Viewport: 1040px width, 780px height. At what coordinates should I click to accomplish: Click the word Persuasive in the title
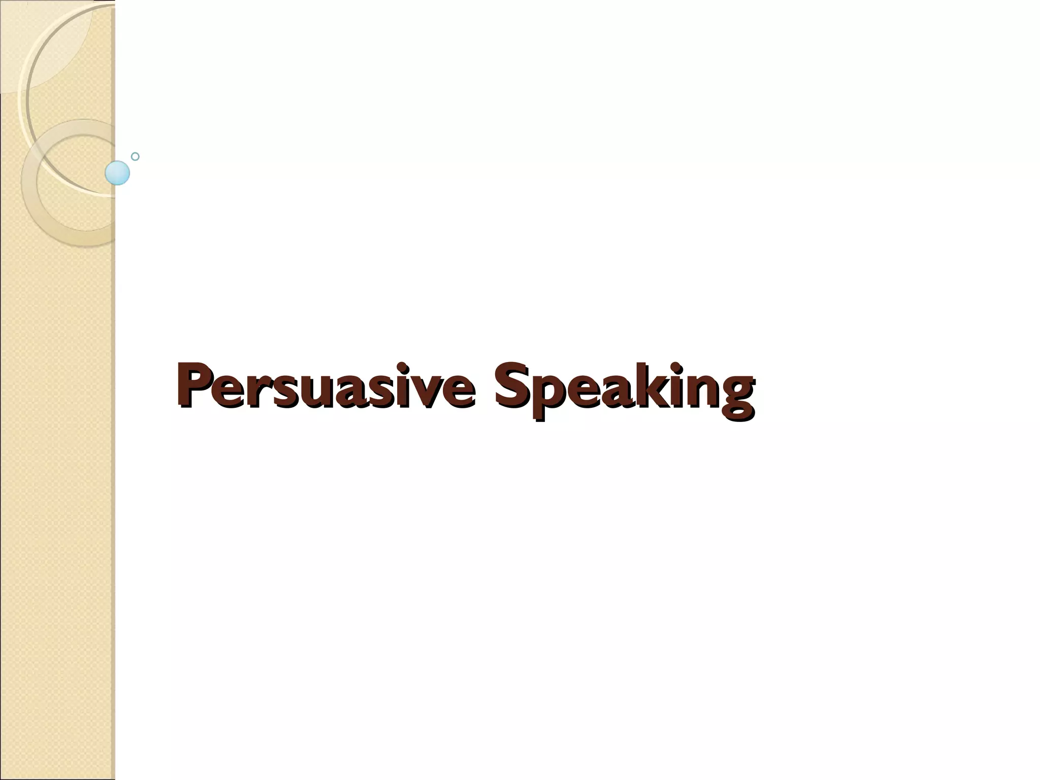(326, 386)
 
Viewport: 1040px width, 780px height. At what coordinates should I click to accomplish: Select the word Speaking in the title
(625, 388)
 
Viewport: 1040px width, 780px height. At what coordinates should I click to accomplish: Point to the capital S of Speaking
(512, 384)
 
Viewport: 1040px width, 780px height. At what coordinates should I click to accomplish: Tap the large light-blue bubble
(117, 173)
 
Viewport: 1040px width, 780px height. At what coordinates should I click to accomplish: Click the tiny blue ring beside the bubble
(135, 156)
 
